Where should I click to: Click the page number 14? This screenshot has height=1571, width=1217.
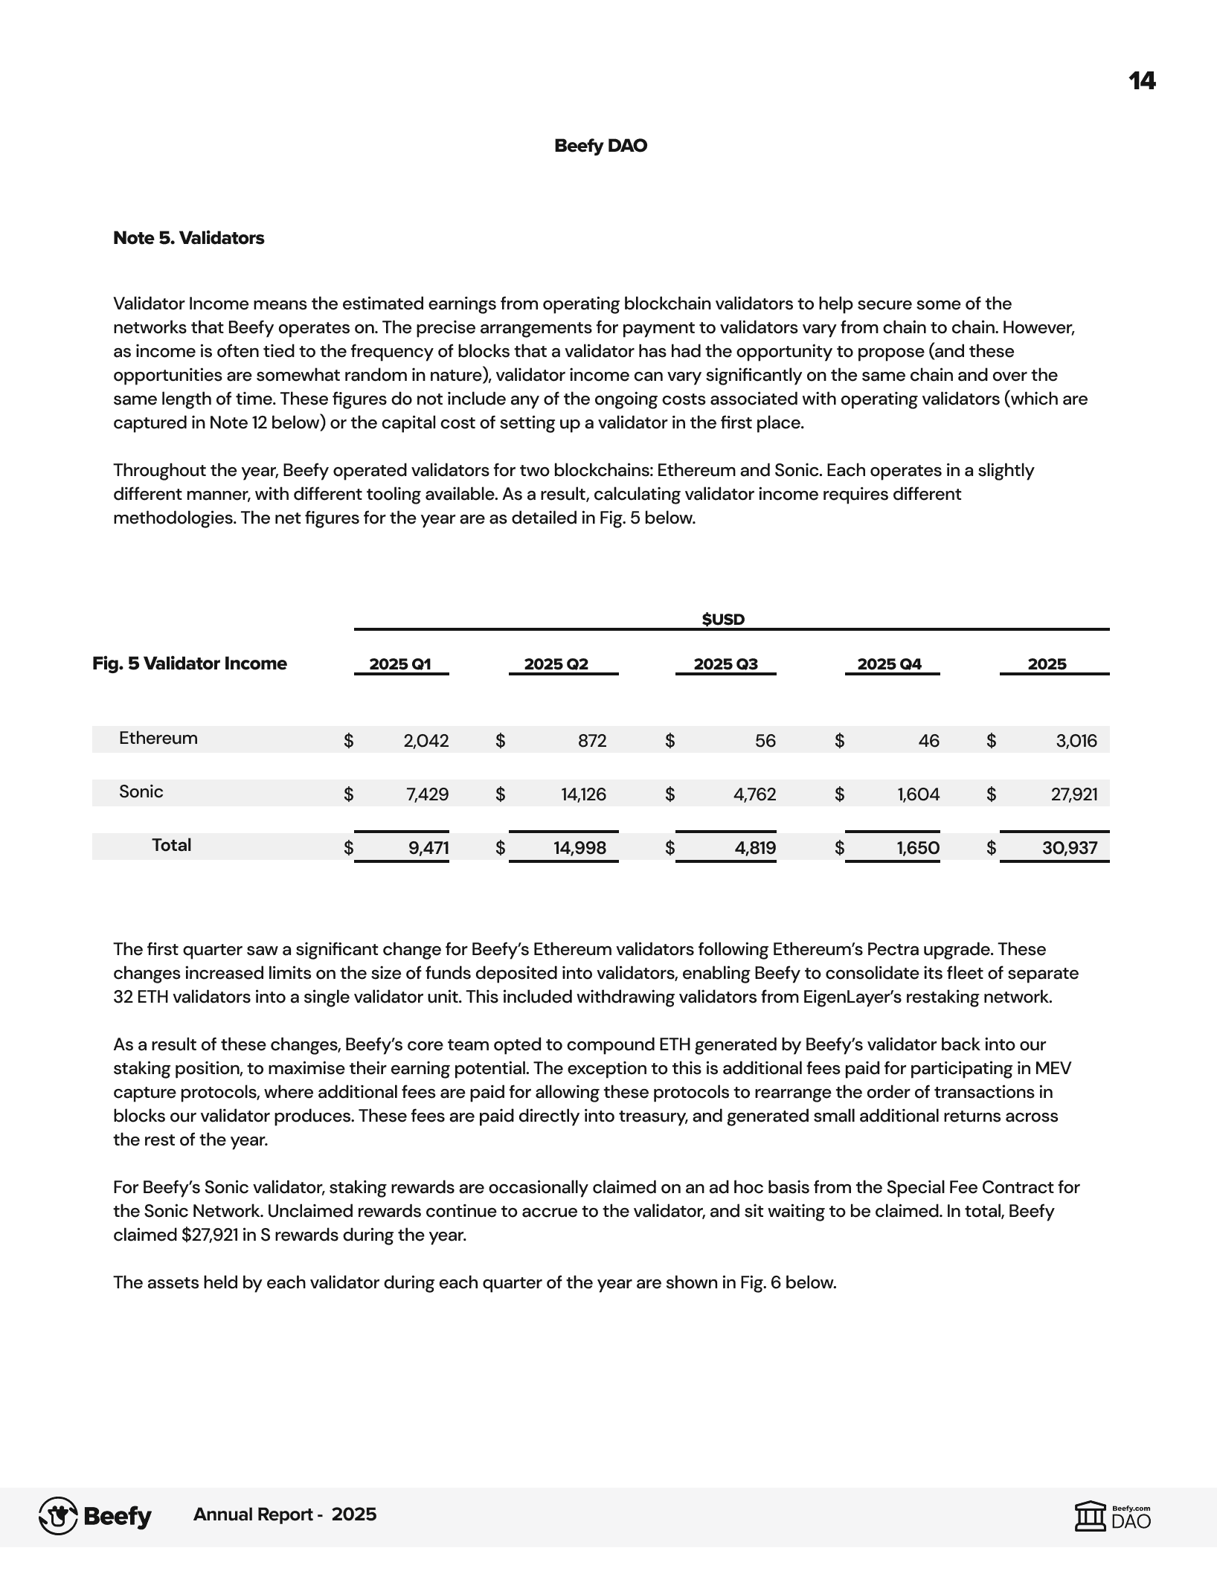(1142, 81)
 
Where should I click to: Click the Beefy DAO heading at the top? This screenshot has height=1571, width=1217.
(600, 146)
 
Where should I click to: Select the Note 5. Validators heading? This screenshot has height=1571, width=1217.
(188, 238)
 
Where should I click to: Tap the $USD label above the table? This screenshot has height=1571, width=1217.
(723, 620)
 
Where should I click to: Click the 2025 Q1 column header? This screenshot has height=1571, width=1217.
(400, 664)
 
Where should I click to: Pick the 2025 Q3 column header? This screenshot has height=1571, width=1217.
(725, 664)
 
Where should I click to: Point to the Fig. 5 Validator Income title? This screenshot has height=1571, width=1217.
(189, 664)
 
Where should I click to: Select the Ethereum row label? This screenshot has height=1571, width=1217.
(158, 739)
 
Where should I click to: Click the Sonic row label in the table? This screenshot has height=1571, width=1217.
(141, 792)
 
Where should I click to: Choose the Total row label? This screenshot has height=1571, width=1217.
(171, 846)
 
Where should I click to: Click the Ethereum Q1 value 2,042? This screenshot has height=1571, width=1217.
(426, 741)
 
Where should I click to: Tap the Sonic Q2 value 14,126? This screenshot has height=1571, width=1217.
(583, 794)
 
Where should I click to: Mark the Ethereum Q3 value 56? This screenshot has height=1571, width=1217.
(765, 741)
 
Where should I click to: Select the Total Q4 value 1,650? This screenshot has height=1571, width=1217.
(918, 848)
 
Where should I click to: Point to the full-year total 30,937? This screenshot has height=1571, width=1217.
(1069, 848)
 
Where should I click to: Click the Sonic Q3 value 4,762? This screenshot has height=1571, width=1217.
(754, 794)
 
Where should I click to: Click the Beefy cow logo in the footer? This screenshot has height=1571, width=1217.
(58, 1516)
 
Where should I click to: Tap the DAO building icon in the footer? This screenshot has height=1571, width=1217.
(1091, 1516)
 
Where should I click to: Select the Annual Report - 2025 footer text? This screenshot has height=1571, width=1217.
(285, 1514)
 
